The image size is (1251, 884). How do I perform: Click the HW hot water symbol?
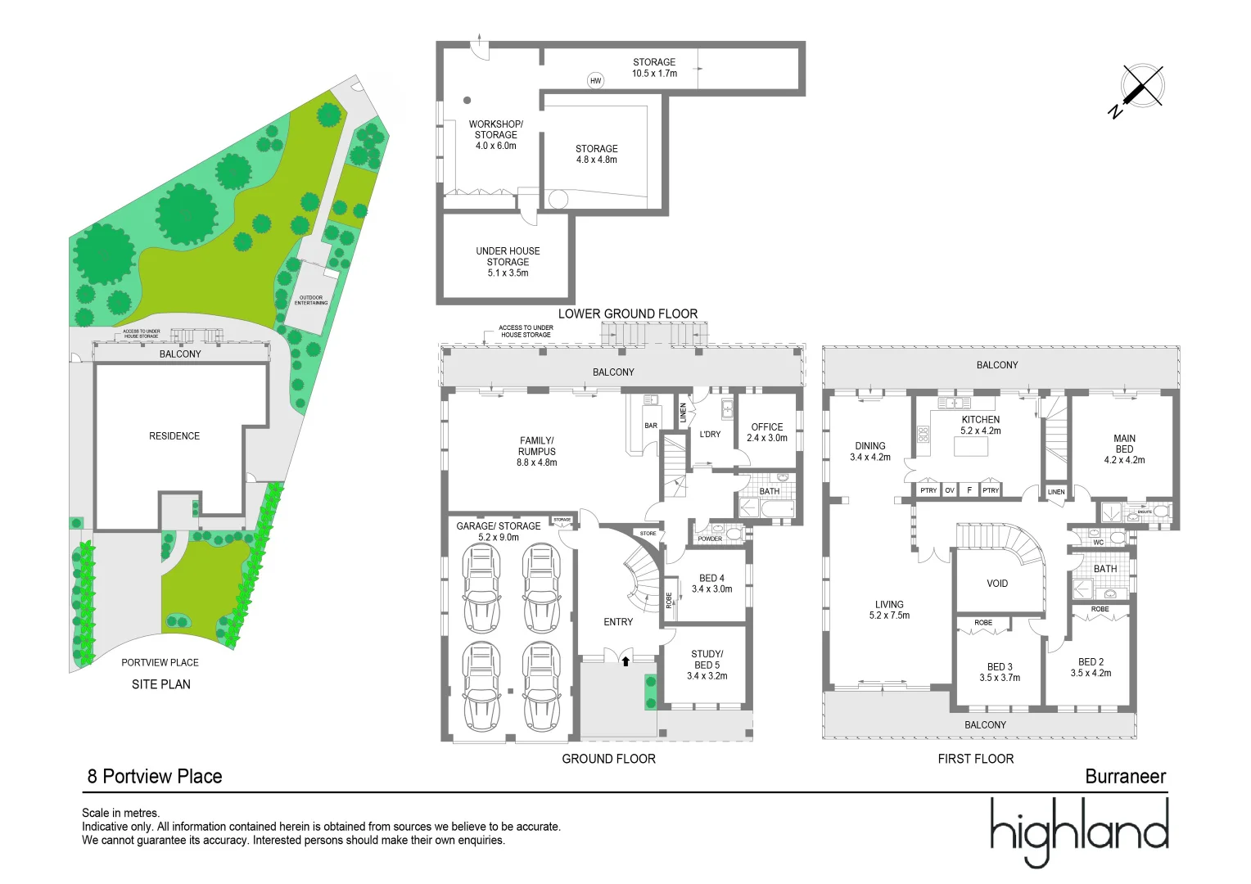tap(595, 80)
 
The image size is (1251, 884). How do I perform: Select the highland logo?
tap(1078, 831)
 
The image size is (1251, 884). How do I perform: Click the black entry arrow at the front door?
tap(625, 661)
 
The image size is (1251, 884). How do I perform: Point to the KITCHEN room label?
tap(980, 419)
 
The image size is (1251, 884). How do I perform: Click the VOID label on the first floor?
tap(996, 584)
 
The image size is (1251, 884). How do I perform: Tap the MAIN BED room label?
tap(1124, 444)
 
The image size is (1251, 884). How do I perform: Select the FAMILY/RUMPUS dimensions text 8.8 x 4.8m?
tap(536, 462)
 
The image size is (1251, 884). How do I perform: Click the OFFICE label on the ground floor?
tap(766, 426)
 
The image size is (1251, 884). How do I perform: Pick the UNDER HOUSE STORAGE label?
tap(508, 256)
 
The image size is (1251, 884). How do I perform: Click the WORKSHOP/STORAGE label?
tap(495, 129)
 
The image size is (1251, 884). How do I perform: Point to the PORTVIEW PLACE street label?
tap(160, 662)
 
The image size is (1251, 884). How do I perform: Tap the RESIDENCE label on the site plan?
tap(174, 436)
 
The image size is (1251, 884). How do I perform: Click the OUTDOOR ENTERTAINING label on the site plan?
tap(311, 300)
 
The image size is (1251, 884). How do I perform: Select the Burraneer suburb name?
tap(1125, 777)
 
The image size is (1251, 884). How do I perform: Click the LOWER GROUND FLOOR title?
tap(627, 313)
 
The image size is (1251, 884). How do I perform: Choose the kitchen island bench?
tap(977, 446)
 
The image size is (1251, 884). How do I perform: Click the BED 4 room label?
tap(711, 578)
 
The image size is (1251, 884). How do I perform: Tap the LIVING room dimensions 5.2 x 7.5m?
tap(889, 616)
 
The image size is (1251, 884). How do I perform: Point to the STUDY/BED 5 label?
tap(707, 659)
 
